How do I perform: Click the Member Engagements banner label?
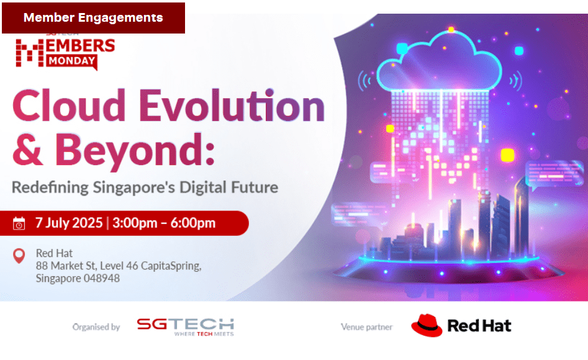[93, 17]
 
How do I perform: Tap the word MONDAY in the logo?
[71, 61]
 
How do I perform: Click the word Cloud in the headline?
[69, 106]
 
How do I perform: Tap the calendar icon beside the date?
[19, 223]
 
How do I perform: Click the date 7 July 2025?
[69, 223]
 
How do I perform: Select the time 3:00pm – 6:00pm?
[164, 223]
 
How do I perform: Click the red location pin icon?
[19, 256]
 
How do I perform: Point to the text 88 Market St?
[66, 266]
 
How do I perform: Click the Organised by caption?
[96, 327]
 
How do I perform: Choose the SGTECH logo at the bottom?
[185, 326]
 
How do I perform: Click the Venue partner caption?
[366, 327]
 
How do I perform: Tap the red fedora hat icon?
[427, 325]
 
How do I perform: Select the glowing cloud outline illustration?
[439, 62]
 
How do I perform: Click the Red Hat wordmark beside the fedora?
[479, 326]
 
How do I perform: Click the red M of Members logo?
[30, 53]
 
